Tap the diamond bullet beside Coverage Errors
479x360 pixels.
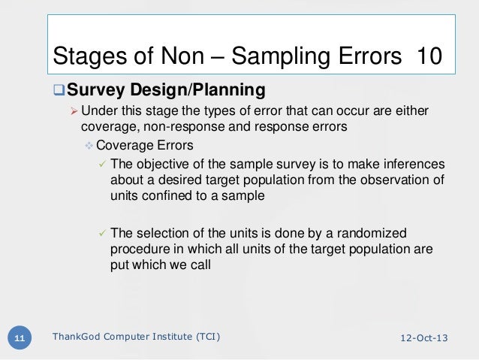[89, 146]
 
